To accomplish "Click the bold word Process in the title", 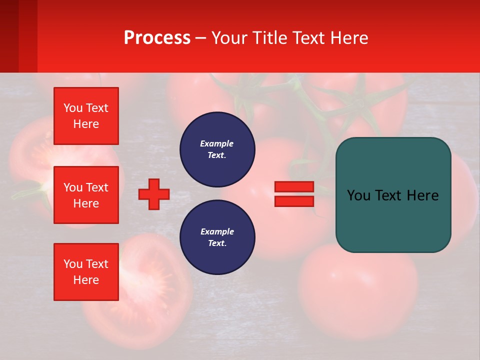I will [x=157, y=38].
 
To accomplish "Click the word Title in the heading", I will [x=267, y=38].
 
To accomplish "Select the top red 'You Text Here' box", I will [x=86, y=116].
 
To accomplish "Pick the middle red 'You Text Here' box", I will [x=86, y=195].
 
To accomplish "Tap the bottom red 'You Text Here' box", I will [x=86, y=272].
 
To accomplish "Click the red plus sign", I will [x=154, y=194].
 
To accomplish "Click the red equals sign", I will [x=294, y=194].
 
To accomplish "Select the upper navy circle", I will [x=217, y=149].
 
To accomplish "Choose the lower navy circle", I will [x=217, y=237].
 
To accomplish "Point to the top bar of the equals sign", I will [x=294, y=187].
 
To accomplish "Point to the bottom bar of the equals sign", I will [x=294, y=201].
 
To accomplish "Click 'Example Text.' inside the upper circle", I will [x=217, y=149].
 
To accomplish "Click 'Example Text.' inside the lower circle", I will [x=217, y=237].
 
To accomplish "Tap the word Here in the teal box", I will [x=422, y=195].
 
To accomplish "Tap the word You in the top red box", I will [x=73, y=108].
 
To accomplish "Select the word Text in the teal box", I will [x=388, y=195].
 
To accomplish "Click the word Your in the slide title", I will [x=229, y=38].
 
